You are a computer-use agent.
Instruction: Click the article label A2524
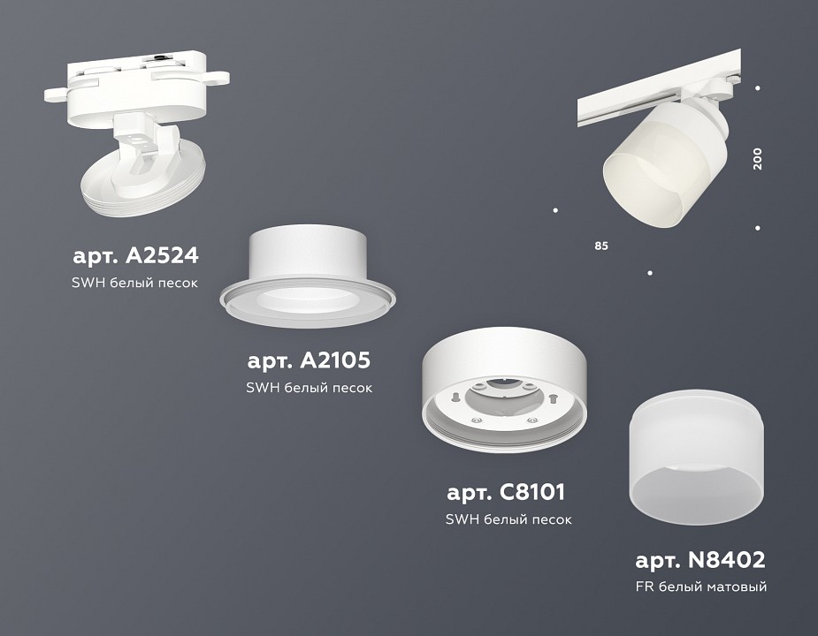click(x=134, y=256)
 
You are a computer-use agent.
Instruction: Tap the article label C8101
click(x=505, y=491)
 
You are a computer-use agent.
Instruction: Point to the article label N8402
click(x=700, y=559)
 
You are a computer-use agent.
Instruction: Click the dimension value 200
click(x=757, y=159)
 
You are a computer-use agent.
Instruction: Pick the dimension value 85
click(x=601, y=245)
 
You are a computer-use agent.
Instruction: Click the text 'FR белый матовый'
click(x=700, y=587)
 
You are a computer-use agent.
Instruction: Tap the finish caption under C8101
click(x=508, y=519)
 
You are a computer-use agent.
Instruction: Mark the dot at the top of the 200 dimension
click(x=758, y=87)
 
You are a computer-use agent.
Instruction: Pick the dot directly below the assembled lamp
click(x=650, y=273)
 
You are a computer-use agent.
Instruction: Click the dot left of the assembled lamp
click(x=554, y=210)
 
